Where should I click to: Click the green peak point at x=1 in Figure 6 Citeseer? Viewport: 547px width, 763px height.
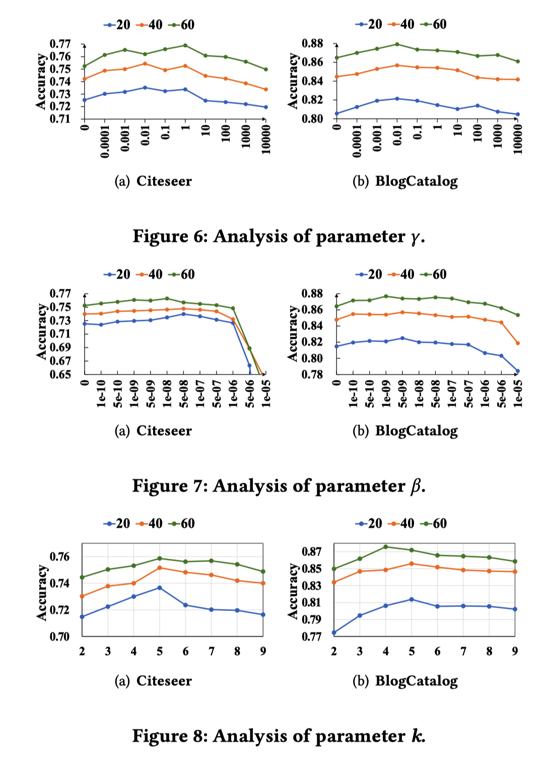click(x=185, y=45)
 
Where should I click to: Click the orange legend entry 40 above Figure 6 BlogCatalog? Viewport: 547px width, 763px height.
click(x=402, y=24)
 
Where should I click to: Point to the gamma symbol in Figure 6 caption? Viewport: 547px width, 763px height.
click(x=415, y=238)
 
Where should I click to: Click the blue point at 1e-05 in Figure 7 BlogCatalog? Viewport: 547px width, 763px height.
click(x=517, y=371)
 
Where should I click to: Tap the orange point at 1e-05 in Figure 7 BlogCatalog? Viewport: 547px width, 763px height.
click(x=517, y=343)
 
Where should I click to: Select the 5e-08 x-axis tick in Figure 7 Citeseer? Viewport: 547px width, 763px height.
click(x=184, y=394)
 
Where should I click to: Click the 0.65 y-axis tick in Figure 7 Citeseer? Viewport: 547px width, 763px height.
click(x=60, y=374)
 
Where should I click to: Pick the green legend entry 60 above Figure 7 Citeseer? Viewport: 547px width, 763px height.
click(x=182, y=274)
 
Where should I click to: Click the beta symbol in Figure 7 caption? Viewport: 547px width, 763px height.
click(x=416, y=486)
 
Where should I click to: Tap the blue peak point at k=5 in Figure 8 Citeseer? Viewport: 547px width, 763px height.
click(x=160, y=587)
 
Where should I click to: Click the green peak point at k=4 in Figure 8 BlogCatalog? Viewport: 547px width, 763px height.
click(x=386, y=547)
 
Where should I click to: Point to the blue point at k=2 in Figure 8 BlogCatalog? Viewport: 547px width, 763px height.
click(x=334, y=633)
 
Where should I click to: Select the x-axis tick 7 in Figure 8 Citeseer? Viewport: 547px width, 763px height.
click(x=212, y=651)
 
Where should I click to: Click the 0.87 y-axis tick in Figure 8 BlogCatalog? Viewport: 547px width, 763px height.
click(x=311, y=552)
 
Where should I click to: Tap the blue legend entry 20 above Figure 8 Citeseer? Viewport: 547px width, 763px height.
click(x=117, y=523)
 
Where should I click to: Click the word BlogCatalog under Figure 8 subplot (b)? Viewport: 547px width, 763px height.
click(x=416, y=681)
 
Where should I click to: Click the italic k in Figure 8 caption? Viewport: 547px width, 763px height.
click(x=418, y=736)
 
